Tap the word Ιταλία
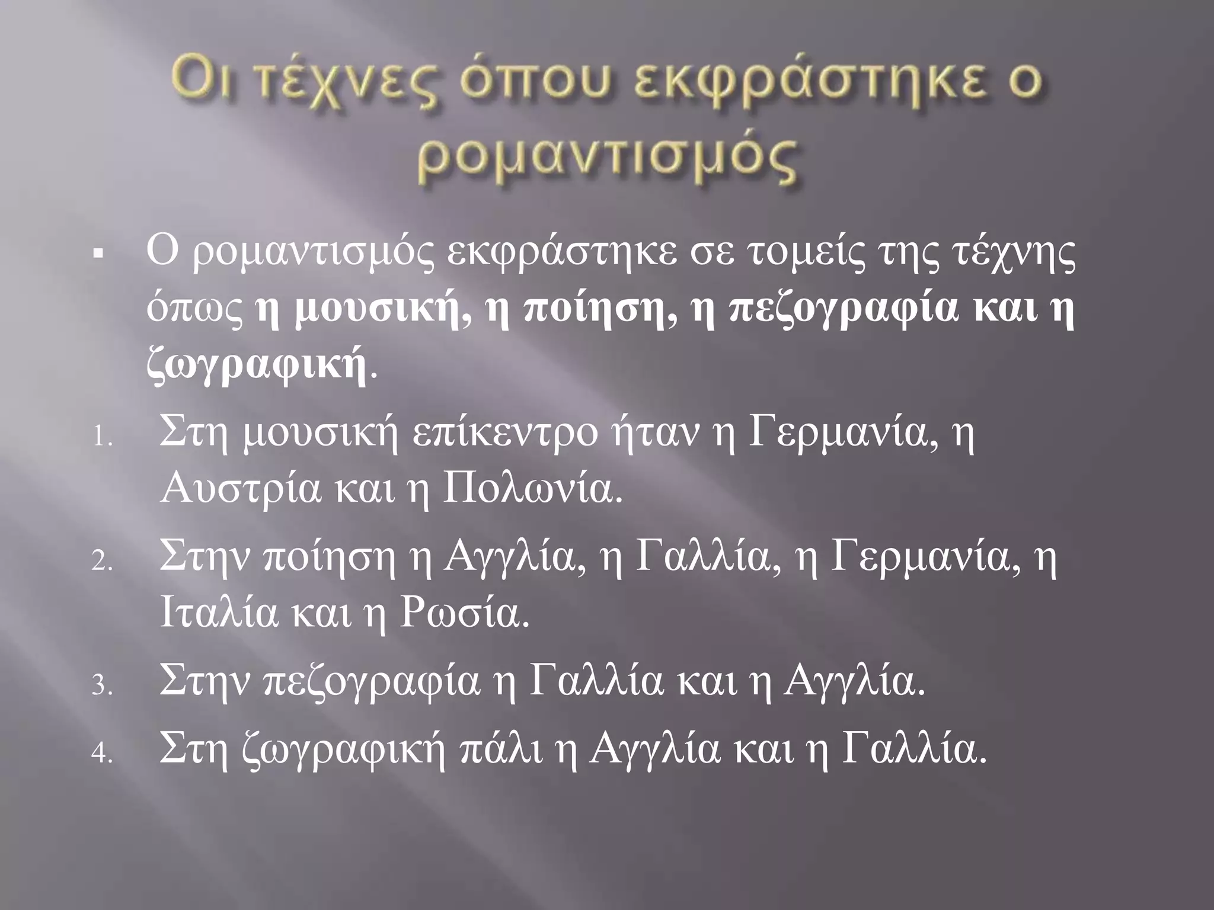[x=218, y=616]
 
